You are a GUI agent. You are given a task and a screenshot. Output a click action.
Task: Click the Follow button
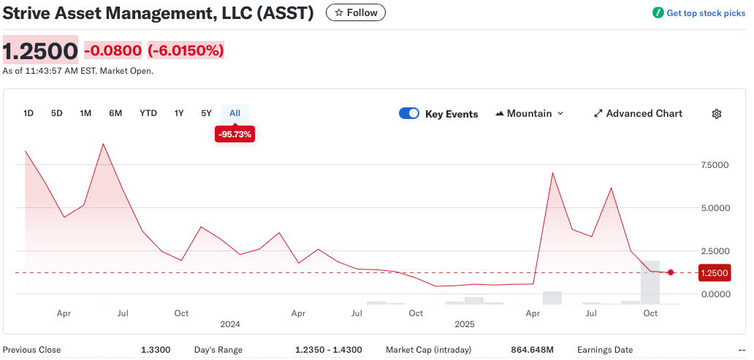tap(356, 12)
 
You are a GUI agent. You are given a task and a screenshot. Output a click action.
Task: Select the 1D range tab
tap(28, 113)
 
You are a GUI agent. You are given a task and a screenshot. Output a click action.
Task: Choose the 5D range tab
tap(57, 113)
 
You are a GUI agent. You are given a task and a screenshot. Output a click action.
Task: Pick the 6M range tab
tap(115, 113)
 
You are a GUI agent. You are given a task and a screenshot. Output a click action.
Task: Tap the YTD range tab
tap(148, 113)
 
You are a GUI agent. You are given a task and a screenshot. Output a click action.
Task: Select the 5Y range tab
tap(206, 113)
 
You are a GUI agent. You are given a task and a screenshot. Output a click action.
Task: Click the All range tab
tap(235, 113)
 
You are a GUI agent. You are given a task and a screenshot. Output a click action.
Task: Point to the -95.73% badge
tap(235, 134)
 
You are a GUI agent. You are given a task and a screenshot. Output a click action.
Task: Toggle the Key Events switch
tap(409, 113)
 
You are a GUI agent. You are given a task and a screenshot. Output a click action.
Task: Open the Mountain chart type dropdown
tap(530, 113)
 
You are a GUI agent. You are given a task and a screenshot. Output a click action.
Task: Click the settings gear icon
tap(717, 114)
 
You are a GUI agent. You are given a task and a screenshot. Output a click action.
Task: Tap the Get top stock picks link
tap(699, 13)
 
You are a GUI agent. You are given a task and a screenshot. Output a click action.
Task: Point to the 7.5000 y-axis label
tap(715, 165)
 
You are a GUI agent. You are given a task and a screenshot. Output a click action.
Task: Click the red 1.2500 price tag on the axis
tap(714, 273)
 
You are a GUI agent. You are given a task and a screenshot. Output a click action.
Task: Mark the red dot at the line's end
tap(671, 272)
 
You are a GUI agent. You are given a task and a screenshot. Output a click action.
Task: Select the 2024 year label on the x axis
tap(230, 323)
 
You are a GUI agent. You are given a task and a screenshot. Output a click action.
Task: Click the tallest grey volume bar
tap(650, 282)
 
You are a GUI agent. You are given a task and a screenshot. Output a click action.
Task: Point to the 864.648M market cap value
tap(533, 350)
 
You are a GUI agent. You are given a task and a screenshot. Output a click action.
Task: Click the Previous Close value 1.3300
tap(156, 350)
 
